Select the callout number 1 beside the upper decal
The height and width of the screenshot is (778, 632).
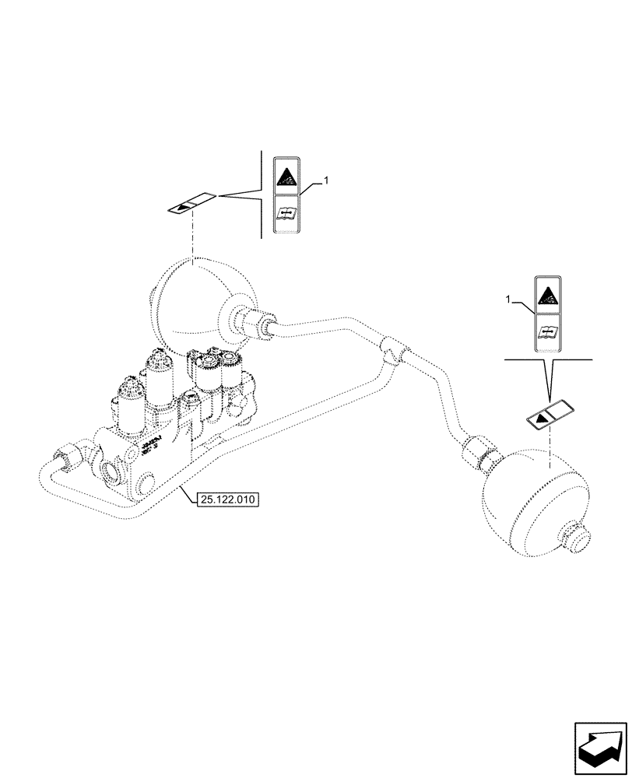coord(327,180)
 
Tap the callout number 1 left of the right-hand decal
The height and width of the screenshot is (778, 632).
coord(508,299)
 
